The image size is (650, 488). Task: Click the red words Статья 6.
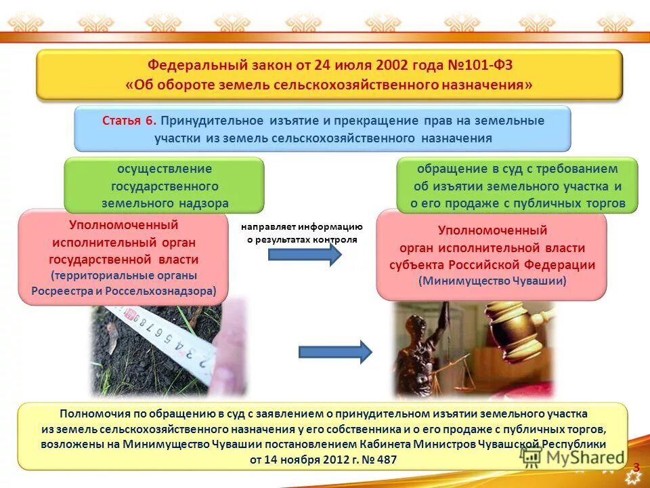coord(129,121)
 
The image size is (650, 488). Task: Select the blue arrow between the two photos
coord(335,351)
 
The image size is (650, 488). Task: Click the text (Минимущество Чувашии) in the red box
coord(492,280)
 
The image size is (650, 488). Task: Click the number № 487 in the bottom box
coord(382,460)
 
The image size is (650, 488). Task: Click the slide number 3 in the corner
coord(636,466)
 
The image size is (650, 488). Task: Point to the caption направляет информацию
coord(303,228)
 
